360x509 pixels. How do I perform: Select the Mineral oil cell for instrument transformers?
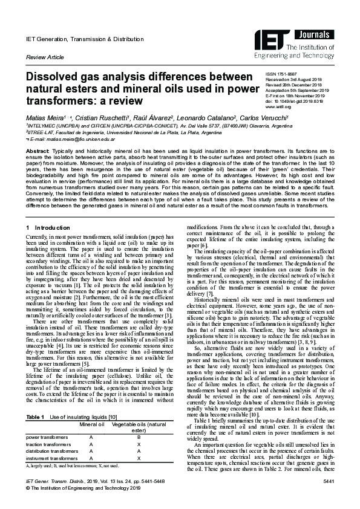[x=91, y=459]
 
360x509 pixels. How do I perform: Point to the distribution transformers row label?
[x=51, y=452]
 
